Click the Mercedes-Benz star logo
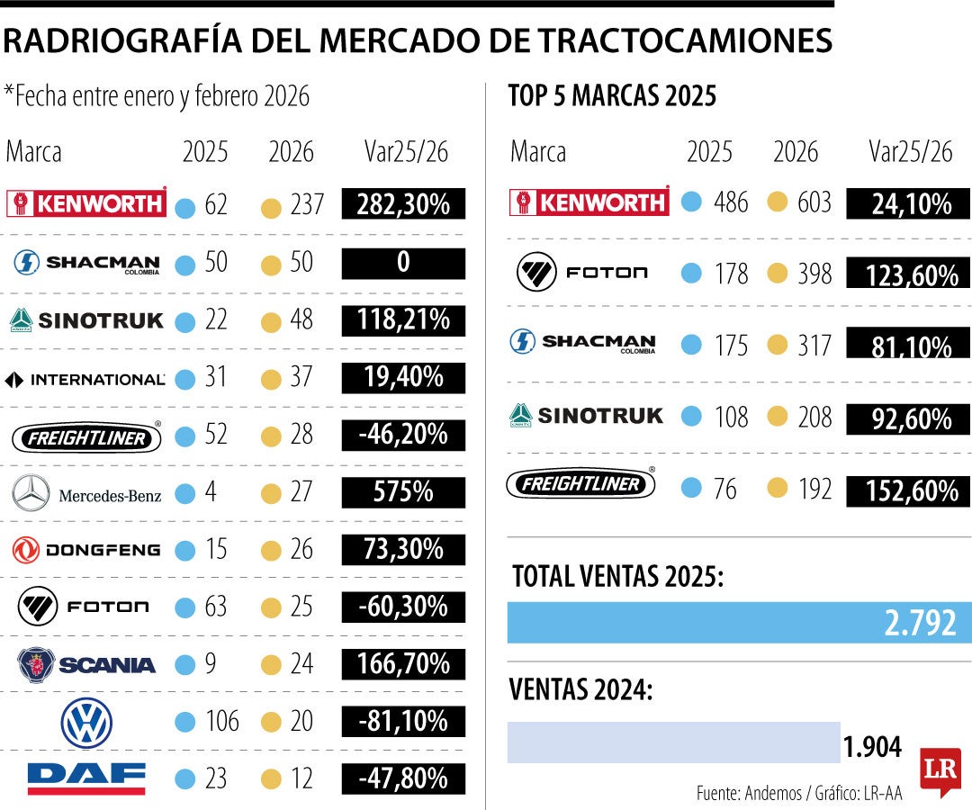32,492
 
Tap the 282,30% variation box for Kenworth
403,204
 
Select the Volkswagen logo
86,722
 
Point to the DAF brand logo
86,778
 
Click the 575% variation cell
403,492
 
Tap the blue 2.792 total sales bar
739,623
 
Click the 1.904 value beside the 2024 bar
872,745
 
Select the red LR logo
940,771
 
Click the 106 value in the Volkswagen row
221,722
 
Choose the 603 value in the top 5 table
814,202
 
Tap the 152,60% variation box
908,491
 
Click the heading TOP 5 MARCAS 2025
612,96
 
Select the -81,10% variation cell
403,721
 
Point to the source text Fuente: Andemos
750,793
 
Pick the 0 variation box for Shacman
403,263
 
